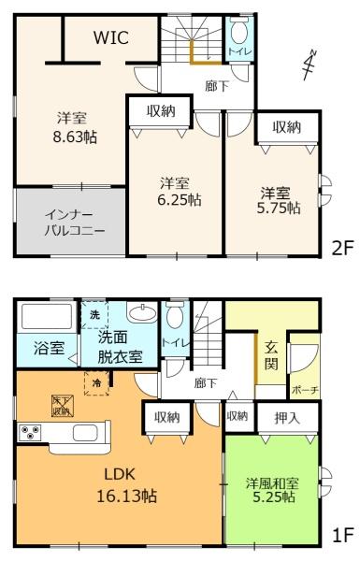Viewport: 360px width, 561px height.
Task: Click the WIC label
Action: tap(109, 37)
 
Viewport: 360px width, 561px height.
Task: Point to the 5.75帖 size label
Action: tap(280, 209)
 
